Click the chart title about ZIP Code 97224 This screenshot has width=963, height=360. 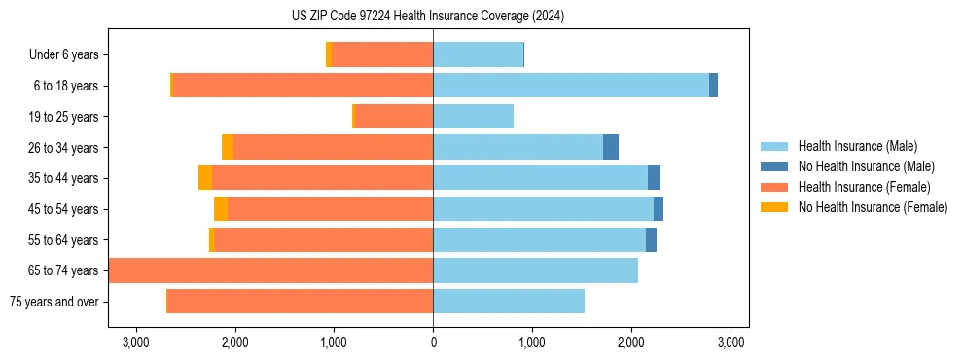[427, 17]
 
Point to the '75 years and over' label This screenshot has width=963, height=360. [53, 302]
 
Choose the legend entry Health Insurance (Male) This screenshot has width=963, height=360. [857, 147]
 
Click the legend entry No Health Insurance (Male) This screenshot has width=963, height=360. [866, 167]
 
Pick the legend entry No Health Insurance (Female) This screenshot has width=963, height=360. [873, 207]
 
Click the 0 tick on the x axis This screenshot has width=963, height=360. [433, 342]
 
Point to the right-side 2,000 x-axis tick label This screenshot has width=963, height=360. [631, 342]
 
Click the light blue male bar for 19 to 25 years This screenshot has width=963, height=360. [473, 117]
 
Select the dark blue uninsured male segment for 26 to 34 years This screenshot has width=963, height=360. [611, 147]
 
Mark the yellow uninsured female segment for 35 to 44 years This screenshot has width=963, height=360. [205, 178]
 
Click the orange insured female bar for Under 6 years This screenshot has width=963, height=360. [382, 55]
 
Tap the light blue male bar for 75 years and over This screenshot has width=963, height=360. [509, 302]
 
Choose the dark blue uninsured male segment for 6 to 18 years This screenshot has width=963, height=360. [713, 86]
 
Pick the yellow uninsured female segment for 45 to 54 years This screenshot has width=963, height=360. [221, 209]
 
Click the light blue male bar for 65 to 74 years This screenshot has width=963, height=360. [535, 270]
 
